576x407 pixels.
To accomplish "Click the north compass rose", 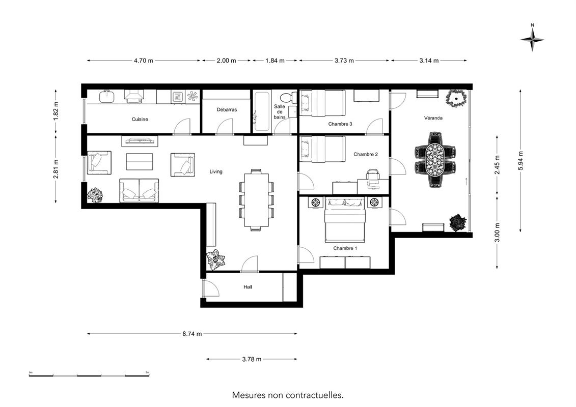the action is (x=532, y=39).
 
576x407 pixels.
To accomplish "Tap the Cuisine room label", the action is (x=140, y=119).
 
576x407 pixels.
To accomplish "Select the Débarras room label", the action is (x=227, y=109).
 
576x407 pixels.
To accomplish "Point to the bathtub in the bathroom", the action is (x=262, y=111).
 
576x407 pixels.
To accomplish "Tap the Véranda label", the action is (x=433, y=118).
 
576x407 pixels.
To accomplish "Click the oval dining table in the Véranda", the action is (x=435, y=160).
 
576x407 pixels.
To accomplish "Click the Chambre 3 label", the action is (x=340, y=124).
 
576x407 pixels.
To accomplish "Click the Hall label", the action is (x=248, y=287).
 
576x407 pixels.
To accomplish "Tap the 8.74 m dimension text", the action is (x=192, y=334).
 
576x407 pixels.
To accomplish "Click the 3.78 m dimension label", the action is (x=252, y=359).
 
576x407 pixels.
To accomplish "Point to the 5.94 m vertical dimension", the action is (x=520, y=161).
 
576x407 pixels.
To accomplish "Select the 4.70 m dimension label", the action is (x=143, y=61).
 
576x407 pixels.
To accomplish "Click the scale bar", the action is (x=89, y=375).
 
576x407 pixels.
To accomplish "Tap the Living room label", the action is (x=216, y=171).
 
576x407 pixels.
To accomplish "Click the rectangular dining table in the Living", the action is (x=256, y=200).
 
